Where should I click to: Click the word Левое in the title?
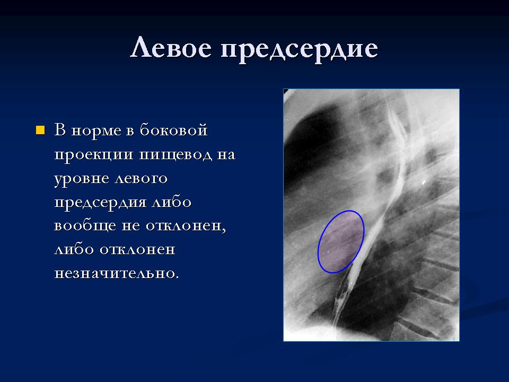[171, 47]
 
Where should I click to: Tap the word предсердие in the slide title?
[299, 50]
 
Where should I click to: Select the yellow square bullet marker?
[40, 130]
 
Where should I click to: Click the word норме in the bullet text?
[96, 131]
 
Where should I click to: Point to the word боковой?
[174, 129]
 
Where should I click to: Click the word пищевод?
[175, 154]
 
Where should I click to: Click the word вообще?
[85, 225]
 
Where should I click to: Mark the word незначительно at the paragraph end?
[116, 274]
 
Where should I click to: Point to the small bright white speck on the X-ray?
[424, 183]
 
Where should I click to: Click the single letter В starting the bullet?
[60, 129]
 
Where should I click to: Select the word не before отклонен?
[131, 226]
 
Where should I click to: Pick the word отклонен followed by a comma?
[186, 227]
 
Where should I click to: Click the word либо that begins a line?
[74, 249]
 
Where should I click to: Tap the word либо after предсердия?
[172, 202]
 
